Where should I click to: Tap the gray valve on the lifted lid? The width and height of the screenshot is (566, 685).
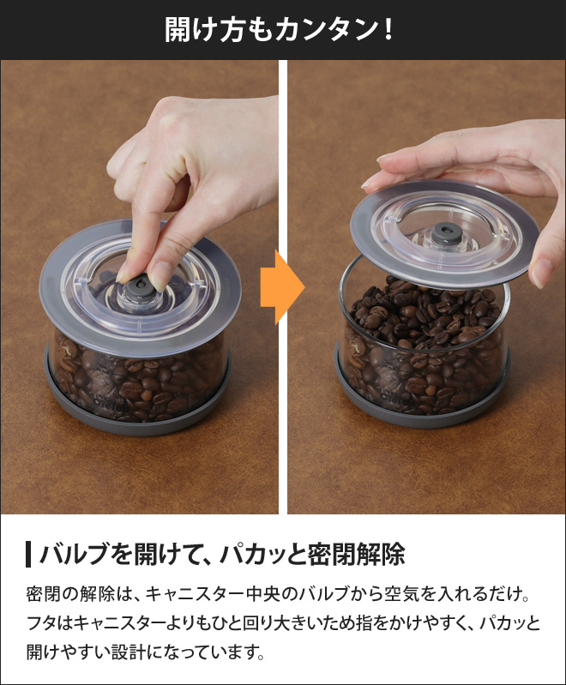click(x=445, y=232)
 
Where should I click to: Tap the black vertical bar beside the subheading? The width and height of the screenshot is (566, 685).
click(x=28, y=555)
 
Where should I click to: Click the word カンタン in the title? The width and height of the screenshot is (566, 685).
click(x=327, y=30)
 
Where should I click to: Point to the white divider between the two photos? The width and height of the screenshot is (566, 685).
click(x=283, y=287)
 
